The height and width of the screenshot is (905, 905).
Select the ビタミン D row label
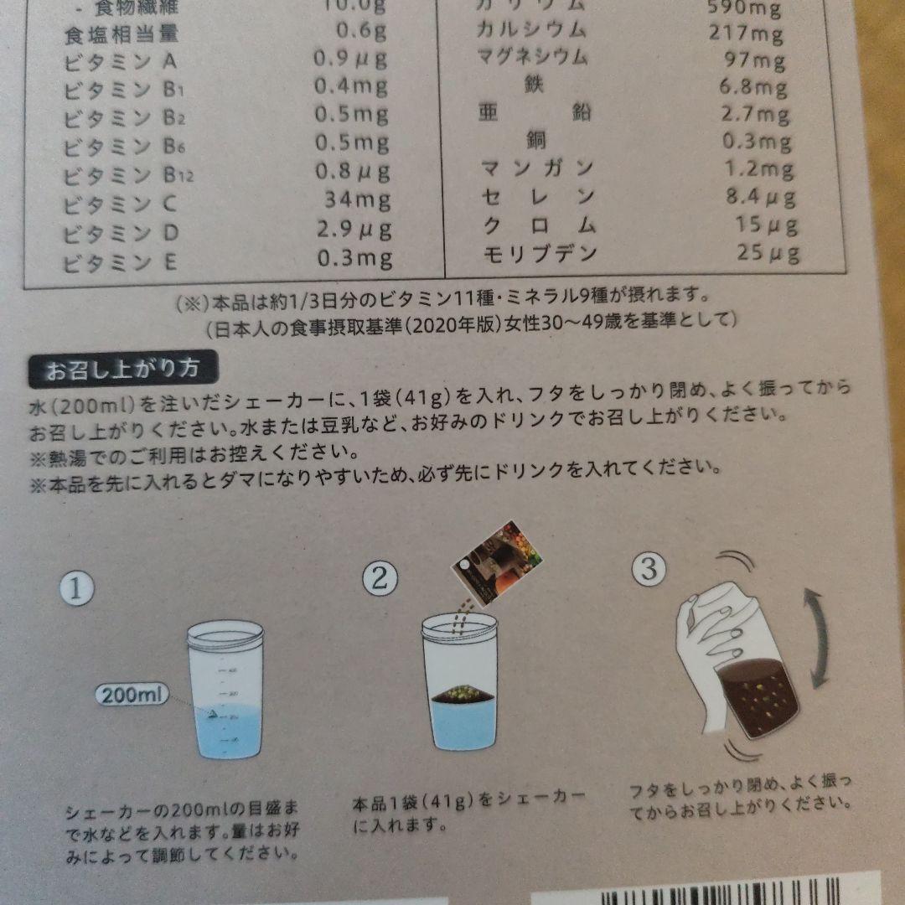pyautogui.click(x=121, y=231)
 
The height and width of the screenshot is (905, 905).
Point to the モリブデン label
pyautogui.click(x=540, y=252)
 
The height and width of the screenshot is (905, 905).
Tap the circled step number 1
pyautogui.click(x=75, y=588)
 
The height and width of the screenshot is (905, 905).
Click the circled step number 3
pyautogui.click(x=649, y=570)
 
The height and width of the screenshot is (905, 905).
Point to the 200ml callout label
pyautogui.click(x=132, y=695)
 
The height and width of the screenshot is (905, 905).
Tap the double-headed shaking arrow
pyautogui.click(x=818, y=638)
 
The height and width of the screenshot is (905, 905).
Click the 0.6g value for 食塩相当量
pyautogui.click(x=362, y=33)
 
